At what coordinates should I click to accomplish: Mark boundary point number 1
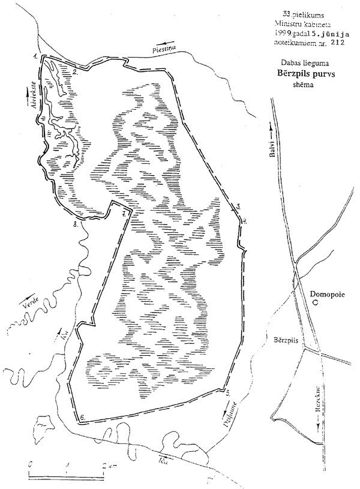(x=36, y=56)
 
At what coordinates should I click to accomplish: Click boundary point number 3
(x=239, y=206)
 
